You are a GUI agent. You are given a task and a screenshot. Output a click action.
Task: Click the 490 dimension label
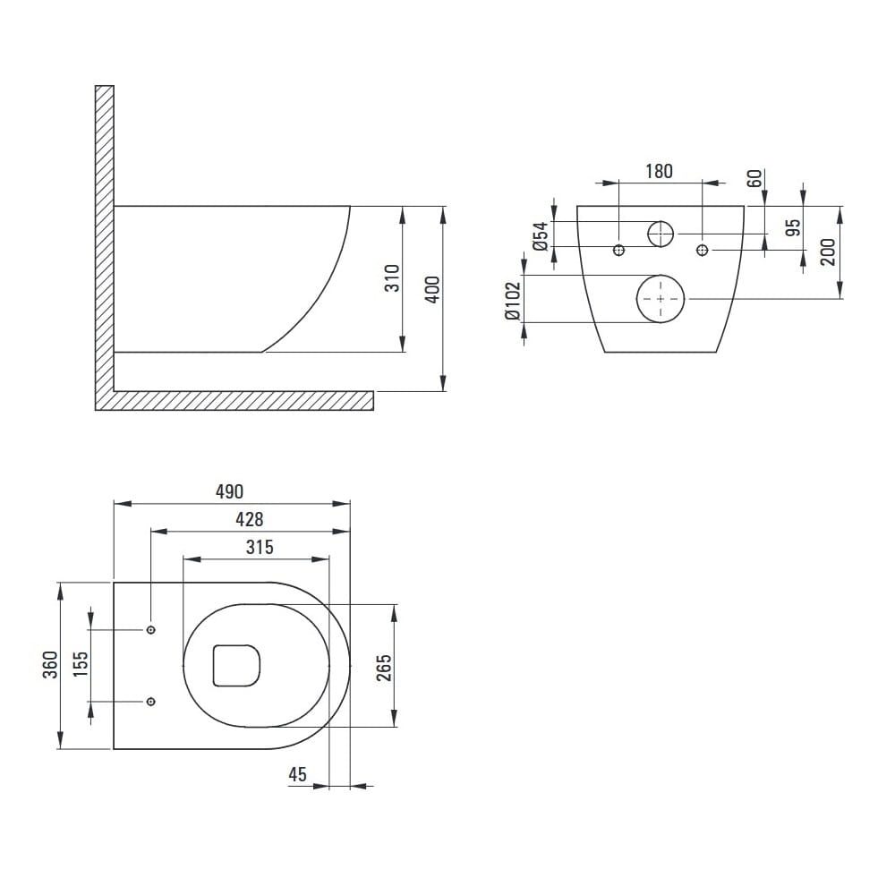tap(229, 491)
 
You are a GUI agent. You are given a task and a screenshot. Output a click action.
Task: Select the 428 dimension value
tap(250, 519)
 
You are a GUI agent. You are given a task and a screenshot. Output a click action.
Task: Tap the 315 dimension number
tap(260, 547)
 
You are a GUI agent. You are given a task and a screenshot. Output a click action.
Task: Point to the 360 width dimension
tap(50, 665)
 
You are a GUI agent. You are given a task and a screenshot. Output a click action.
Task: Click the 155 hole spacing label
tap(81, 664)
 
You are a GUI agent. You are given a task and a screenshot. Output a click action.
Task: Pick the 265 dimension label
tap(384, 668)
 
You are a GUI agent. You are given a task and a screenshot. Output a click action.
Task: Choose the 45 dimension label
tap(297, 774)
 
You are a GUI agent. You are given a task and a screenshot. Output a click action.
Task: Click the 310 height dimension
tap(392, 278)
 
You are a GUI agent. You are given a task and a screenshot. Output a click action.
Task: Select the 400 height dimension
tap(433, 290)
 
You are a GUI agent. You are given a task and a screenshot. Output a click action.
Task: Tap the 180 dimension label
tap(659, 171)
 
